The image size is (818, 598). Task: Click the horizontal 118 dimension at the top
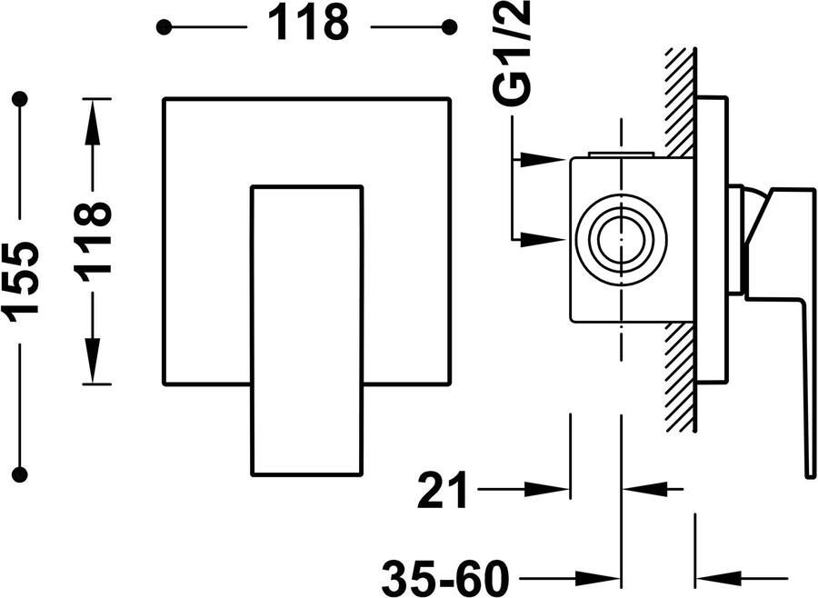[308, 24]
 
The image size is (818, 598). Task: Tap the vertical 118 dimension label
[93, 240]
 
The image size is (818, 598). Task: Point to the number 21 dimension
[442, 490]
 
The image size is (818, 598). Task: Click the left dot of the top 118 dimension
[164, 26]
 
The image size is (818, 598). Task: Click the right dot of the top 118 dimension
[449, 26]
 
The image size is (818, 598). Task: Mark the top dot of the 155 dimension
[20, 99]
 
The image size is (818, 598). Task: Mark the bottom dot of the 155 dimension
[20, 473]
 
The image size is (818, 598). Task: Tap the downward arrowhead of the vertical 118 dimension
[93, 361]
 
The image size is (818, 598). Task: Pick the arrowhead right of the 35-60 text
[598, 578]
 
